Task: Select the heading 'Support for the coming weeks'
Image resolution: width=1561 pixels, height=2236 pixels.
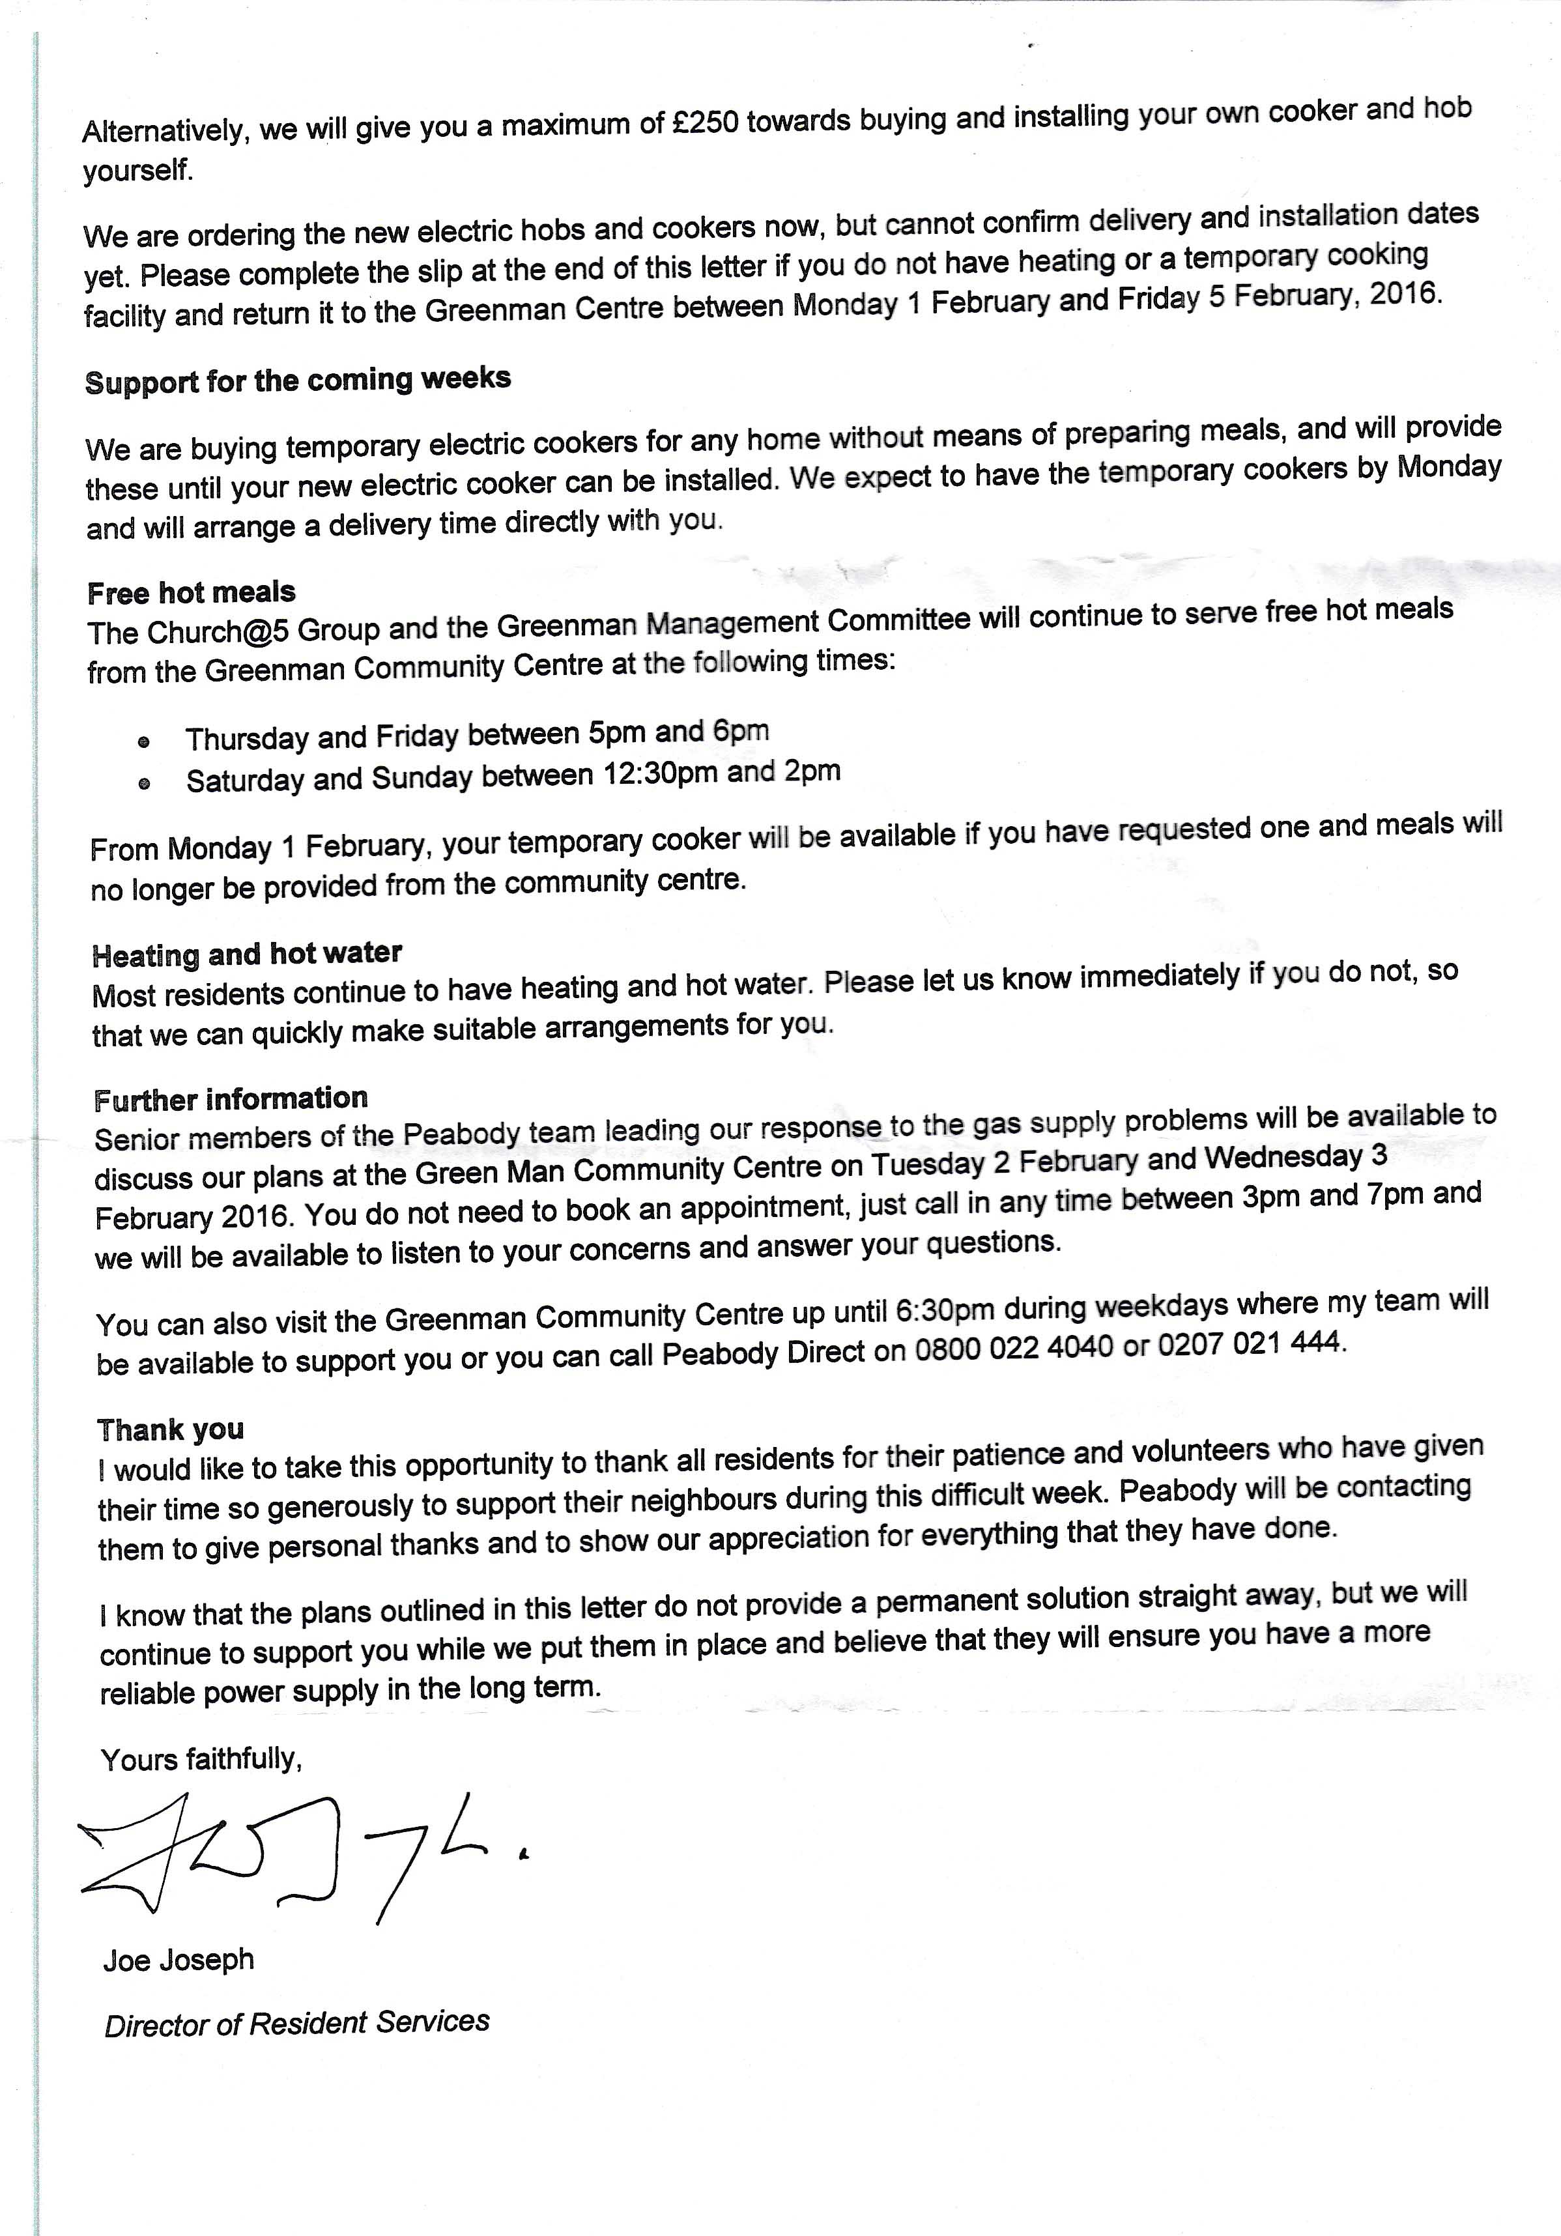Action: (x=297, y=380)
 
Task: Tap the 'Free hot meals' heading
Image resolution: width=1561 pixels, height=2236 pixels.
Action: (x=191, y=592)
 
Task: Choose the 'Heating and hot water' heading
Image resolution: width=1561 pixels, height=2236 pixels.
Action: (x=246, y=953)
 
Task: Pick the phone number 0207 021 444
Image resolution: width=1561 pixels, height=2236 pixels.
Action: (x=1252, y=1345)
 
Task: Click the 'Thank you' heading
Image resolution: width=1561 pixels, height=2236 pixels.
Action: (x=171, y=1429)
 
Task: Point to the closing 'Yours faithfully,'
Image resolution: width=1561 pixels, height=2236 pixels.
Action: (x=201, y=1760)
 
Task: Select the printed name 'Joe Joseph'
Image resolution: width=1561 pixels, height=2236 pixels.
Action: (x=179, y=1960)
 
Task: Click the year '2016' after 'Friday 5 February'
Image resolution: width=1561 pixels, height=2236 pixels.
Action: (x=1403, y=293)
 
